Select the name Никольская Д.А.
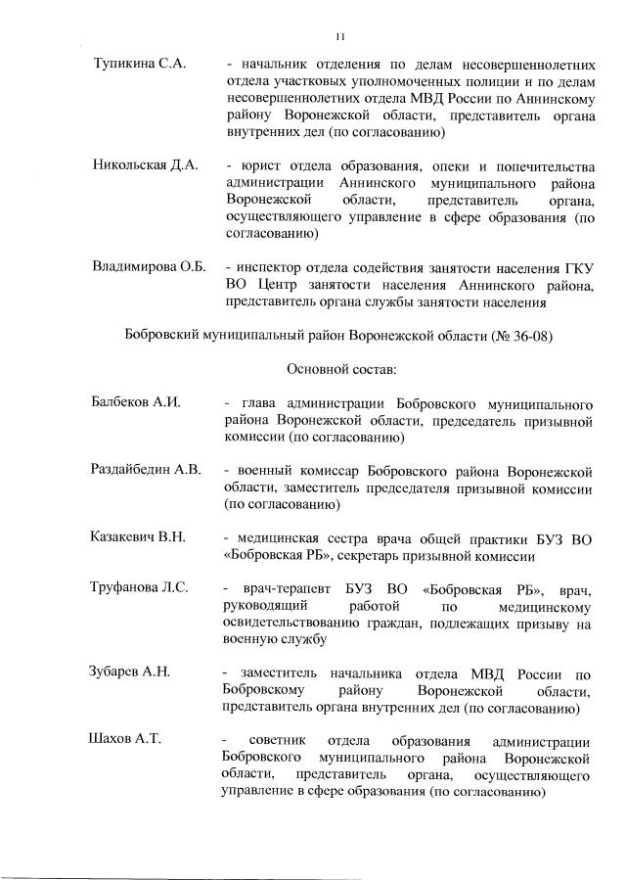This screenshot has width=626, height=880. click(145, 165)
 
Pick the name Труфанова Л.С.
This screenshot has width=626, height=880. click(139, 588)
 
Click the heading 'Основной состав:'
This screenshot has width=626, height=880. click(341, 370)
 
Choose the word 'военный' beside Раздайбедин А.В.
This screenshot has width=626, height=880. click(262, 470)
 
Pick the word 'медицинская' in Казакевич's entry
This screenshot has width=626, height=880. click(276, 537)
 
